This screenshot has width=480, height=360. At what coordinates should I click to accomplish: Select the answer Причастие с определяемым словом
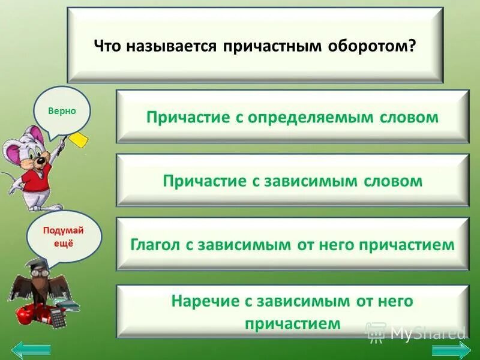[292, 116]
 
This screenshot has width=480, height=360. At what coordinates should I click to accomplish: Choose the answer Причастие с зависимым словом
[292, 181]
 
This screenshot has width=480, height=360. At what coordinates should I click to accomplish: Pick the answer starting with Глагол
[292, 245]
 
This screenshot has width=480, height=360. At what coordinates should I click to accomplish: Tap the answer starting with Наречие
[292, 311]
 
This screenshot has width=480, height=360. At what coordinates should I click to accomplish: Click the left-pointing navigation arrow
[31, 349]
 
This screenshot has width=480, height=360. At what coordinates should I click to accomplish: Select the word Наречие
[200, 301]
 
